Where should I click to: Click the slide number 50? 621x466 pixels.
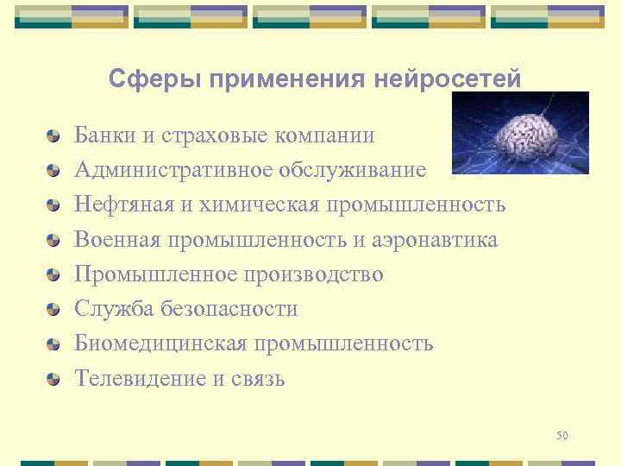click(562, 436)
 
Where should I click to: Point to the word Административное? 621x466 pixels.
click(172, 170)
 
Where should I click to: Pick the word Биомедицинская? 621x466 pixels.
click(160, 343)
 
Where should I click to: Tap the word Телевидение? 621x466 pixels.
click(140, 378)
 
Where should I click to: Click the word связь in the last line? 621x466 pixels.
click(256, 378)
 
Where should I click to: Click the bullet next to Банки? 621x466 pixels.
click(53, 136)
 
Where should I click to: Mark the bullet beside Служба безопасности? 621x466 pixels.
click(53, 309)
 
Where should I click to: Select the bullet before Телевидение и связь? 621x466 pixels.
click(53, 378)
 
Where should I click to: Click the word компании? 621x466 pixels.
click(326, 135)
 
